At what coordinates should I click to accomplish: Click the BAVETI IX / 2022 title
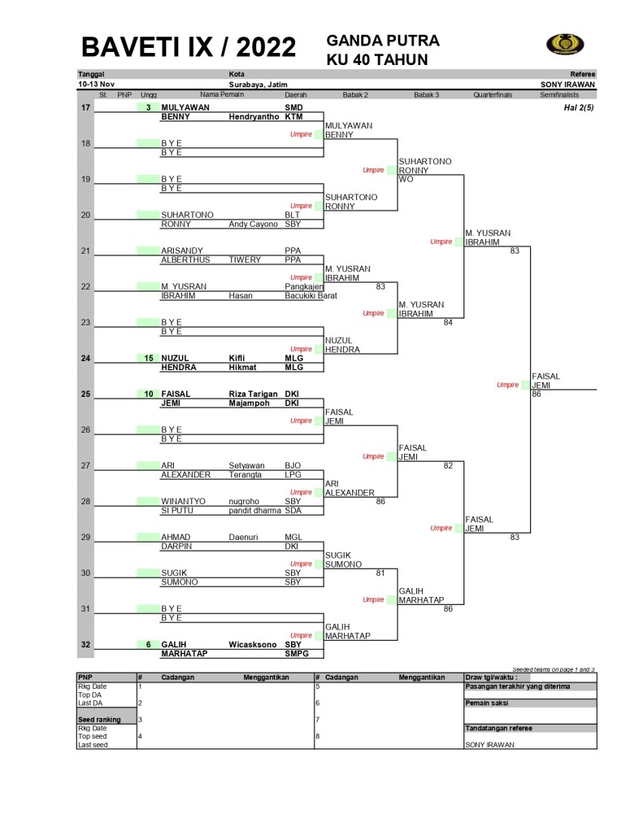[x=189, y=47]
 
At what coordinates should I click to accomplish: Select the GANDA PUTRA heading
[x=383, y=41]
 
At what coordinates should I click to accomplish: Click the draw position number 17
[x=86, y=107]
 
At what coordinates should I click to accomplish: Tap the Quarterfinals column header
[x=493, y=94]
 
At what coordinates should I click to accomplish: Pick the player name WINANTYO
[x=183, y=501]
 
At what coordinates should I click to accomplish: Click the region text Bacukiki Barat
[x=311, y=295]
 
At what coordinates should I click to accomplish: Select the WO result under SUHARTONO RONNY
[x=406, y=179]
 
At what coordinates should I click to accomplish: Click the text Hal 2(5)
[x=578, y=107]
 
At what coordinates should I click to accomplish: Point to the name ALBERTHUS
[x=185, y=260]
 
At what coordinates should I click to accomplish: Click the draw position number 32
[x=86, y=644]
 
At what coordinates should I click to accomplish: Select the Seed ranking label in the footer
[x=99, y=719]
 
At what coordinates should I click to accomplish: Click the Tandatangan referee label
[x=498, y=728]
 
